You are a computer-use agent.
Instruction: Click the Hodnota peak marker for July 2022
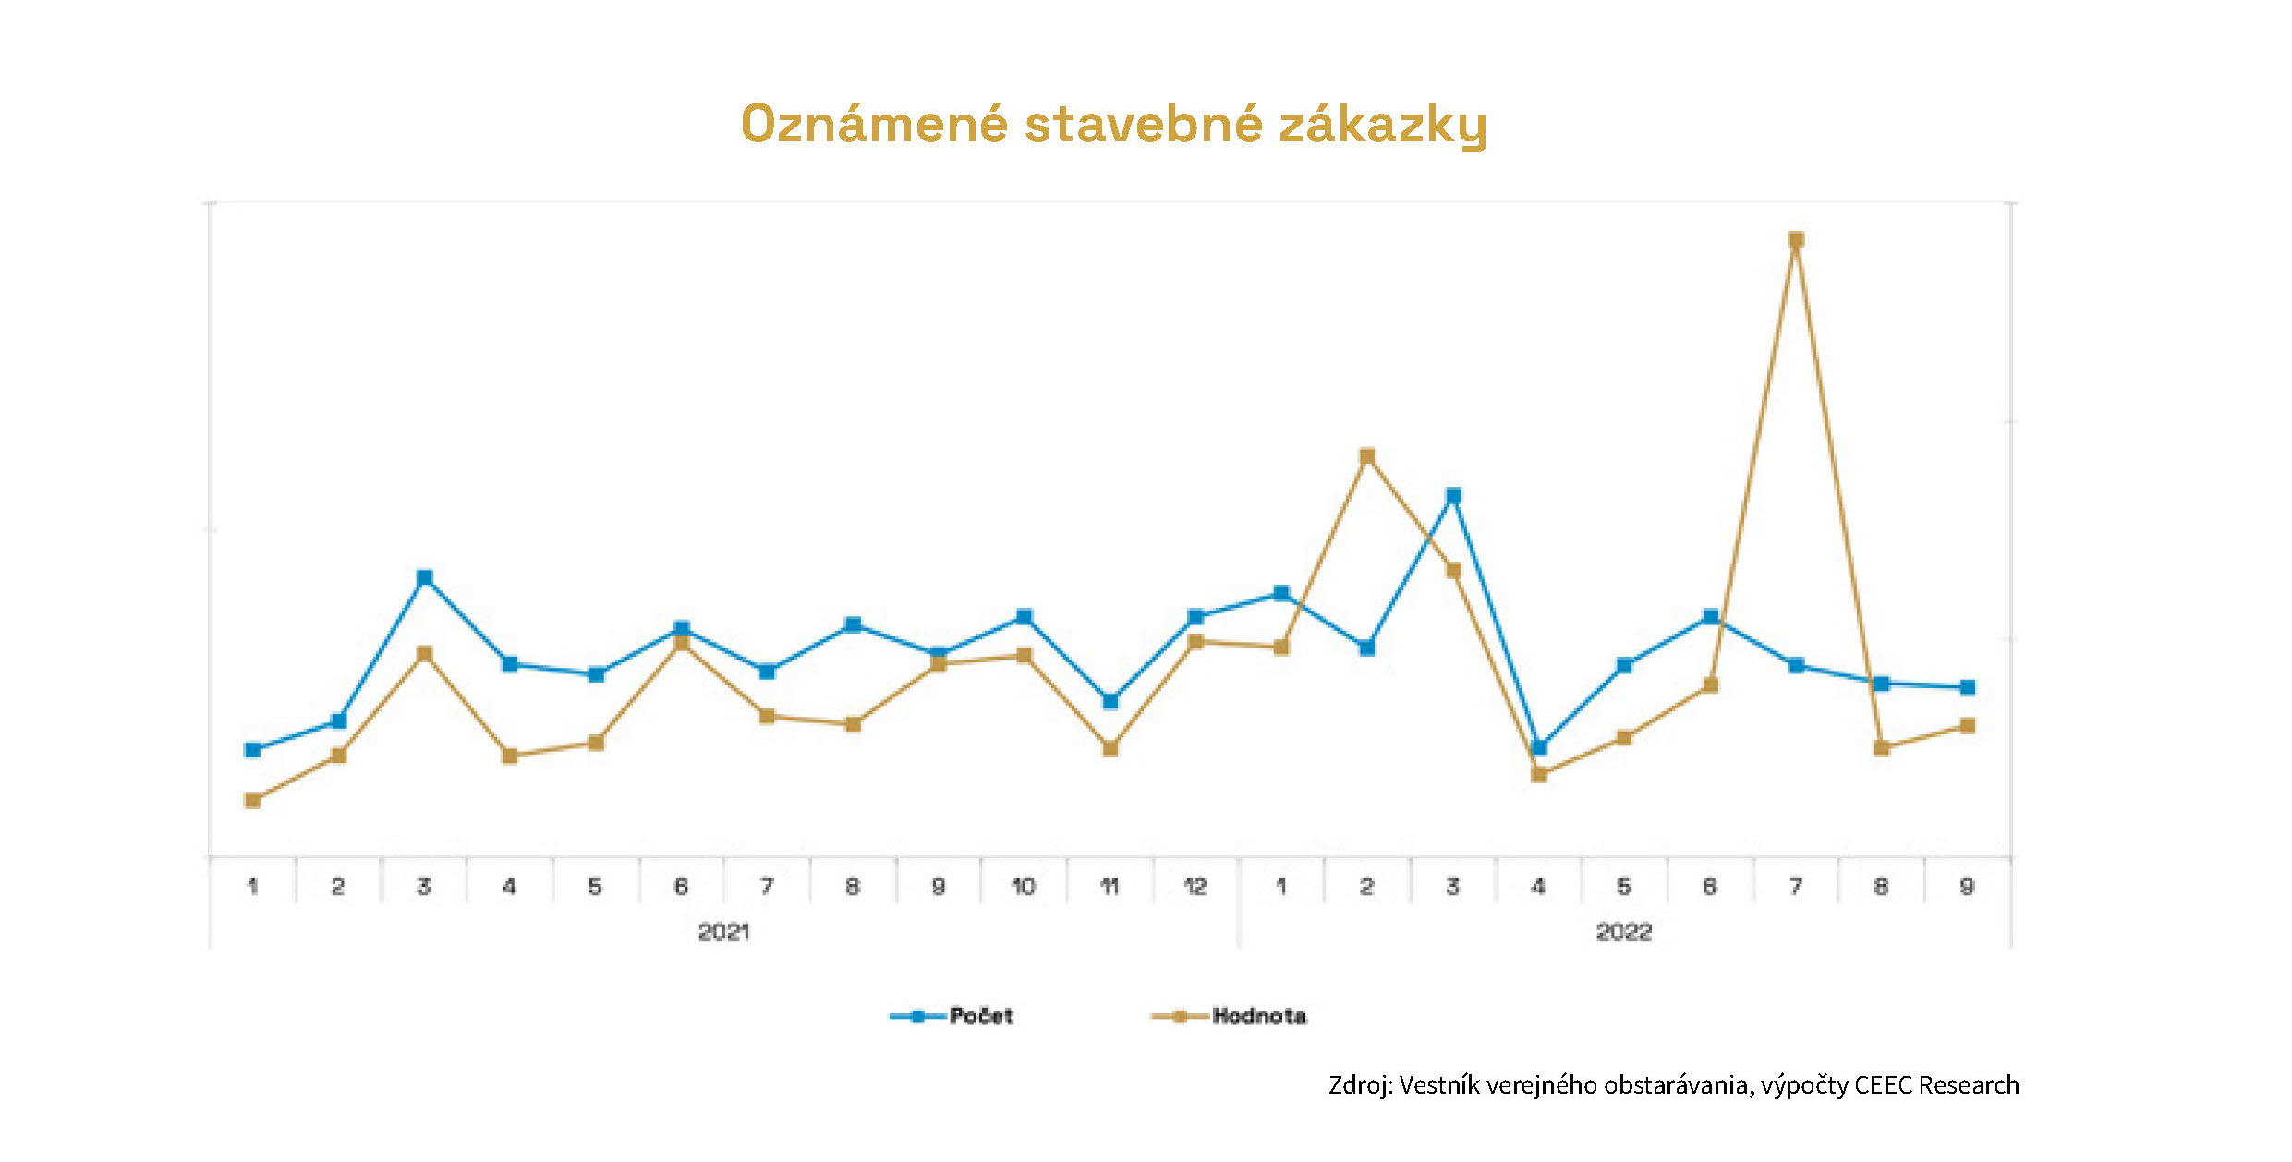pyautogui.click(x=1796, y=240)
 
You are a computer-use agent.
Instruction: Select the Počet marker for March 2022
pyautogui.click(x=1453, y=496)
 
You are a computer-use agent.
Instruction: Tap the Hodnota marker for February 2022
pyautogui.click(x=1367, y=456)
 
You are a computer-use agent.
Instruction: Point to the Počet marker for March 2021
pyautogui.click(x=425, y=578)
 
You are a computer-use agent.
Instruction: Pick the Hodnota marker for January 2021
pyautogui.click(x=252, y=800)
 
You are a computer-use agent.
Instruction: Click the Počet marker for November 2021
pyautogui.click(x=1110, y=701)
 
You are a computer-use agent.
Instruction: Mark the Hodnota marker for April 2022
pyautogui.click(x=1539, y=774)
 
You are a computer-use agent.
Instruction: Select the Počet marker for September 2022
pyautogui.click(x=1968, y=687)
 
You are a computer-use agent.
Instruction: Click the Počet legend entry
pyautogui.click(x=980, y=1016)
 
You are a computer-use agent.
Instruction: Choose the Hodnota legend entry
pyautogui.click(x=1258, y=1016)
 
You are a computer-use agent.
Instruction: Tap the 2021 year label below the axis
pyautogui.click(x=723, y=932)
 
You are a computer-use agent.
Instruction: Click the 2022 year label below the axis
pyautogui.click(x=1624, y=932)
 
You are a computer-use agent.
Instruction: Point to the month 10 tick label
pyautogui.click(x=1024, y=887)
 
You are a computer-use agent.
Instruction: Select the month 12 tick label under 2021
pyautogui.click(x=1195, y=887)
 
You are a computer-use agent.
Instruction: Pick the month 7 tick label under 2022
pyautogui.click(x=1796, y=887)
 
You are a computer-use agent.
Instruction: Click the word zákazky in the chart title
pyautogui.click(x=1383, y=125)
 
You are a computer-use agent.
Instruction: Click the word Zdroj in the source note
pyautogui.click(x=1358, y=1085)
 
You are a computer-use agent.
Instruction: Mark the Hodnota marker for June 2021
pyautogui.click(x=682, y=643)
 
